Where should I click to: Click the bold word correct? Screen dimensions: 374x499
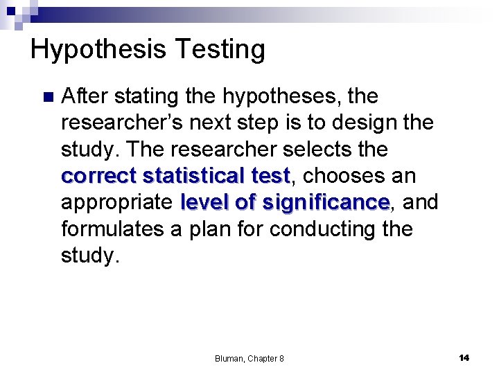tap(98, 176)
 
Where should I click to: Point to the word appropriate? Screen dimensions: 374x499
tap(116, 202)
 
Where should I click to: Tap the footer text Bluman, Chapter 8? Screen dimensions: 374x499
tap(249, 358)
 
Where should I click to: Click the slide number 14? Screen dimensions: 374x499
tap(464, 357)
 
